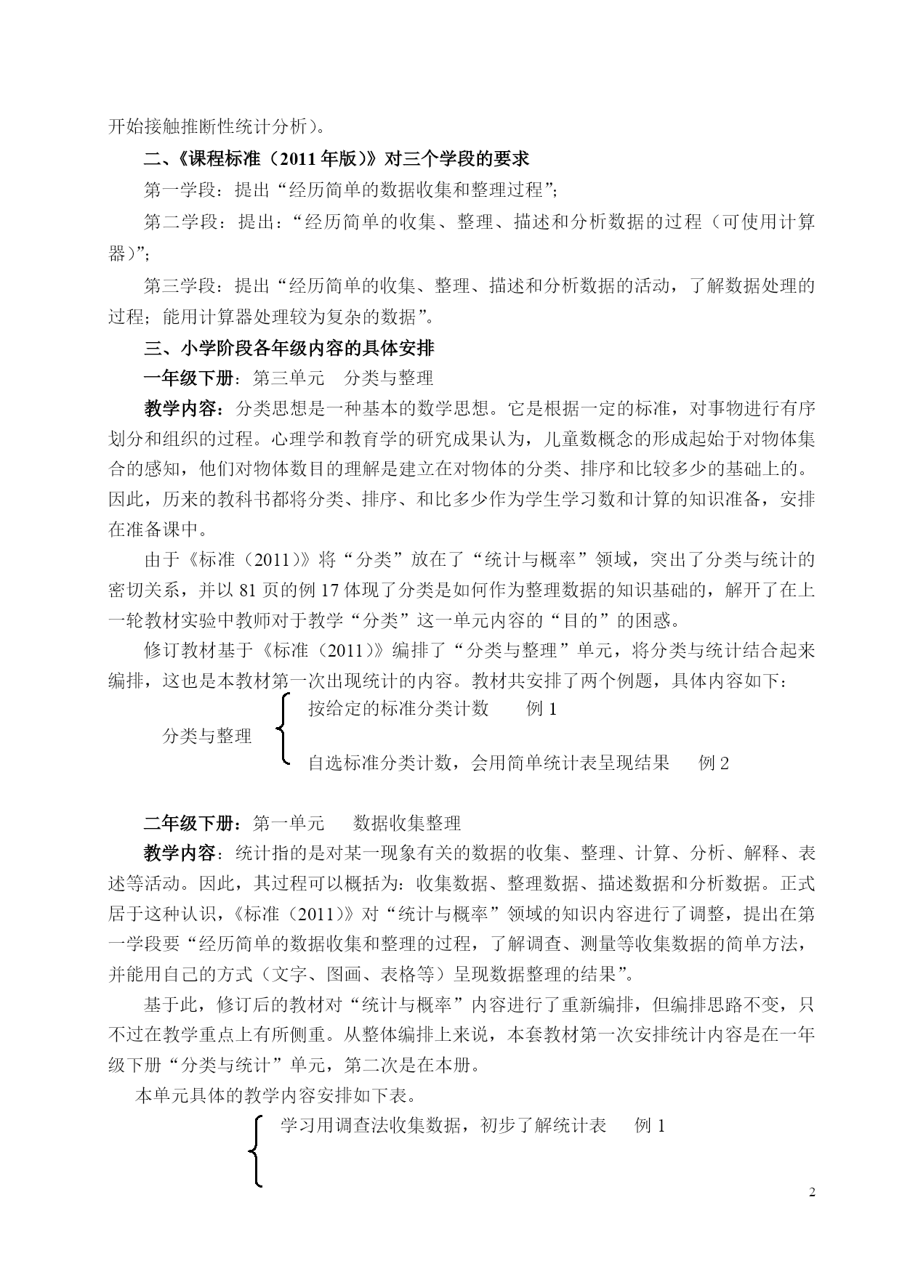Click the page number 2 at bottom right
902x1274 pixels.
[x=812, y=1192]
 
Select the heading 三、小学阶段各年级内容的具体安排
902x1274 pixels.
[x=289, y=349]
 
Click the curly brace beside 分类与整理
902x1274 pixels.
[x=283, y=730]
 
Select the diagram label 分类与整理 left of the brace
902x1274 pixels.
[x=206, y=737]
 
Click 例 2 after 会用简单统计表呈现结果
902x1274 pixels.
[x=713, y=763]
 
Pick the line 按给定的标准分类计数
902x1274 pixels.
[x=398, y=709]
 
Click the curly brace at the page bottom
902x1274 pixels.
[x=255, y=1152]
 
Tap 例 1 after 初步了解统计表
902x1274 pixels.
[x=650, y=1126]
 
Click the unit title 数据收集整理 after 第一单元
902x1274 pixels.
[x=407, y=823]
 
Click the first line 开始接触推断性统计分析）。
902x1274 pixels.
[x=217, y=126]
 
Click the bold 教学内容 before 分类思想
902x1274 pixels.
[x=182, y=409]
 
